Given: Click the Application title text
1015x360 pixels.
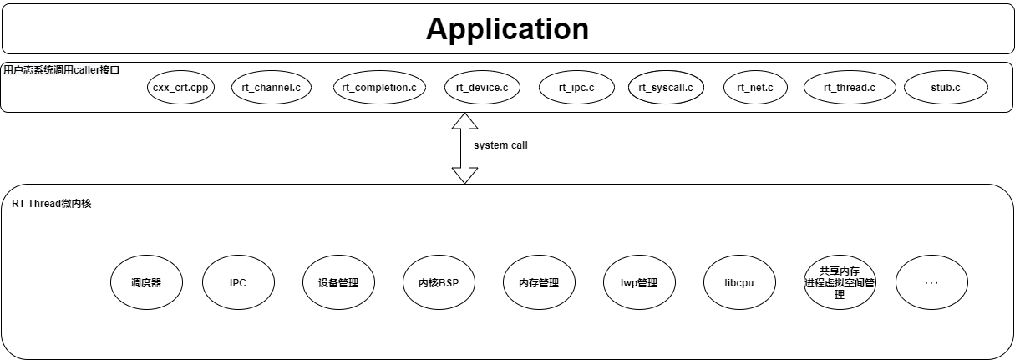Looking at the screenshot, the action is (507, 29).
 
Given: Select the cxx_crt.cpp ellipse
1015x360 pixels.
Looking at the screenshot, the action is (180, 88).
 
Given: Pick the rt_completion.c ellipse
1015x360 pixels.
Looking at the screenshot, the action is (379, 88).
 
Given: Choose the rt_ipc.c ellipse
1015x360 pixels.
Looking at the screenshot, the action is (577, 88).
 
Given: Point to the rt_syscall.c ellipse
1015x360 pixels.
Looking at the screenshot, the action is (666, 88).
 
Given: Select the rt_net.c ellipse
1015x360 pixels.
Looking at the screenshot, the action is (755, 88).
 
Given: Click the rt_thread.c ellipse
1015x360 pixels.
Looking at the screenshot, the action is (849, 88).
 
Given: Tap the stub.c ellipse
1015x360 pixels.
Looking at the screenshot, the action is (946, 88).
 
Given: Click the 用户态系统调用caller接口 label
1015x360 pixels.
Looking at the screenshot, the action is (62, 70).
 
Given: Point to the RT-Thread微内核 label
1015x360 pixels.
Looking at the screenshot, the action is (51, 204).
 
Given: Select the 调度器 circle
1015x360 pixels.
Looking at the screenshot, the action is (146, 282).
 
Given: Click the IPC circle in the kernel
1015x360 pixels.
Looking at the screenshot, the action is (238, 282).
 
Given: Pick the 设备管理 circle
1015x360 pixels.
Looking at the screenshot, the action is (338, 282).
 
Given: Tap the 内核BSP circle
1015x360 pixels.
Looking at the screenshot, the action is (439, 282).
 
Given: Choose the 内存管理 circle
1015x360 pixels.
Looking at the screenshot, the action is (539, 282).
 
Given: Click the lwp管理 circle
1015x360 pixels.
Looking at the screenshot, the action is (639, 282).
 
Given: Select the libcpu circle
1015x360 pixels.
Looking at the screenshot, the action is (739, 282).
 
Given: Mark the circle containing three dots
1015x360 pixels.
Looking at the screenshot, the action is (931, 282).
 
